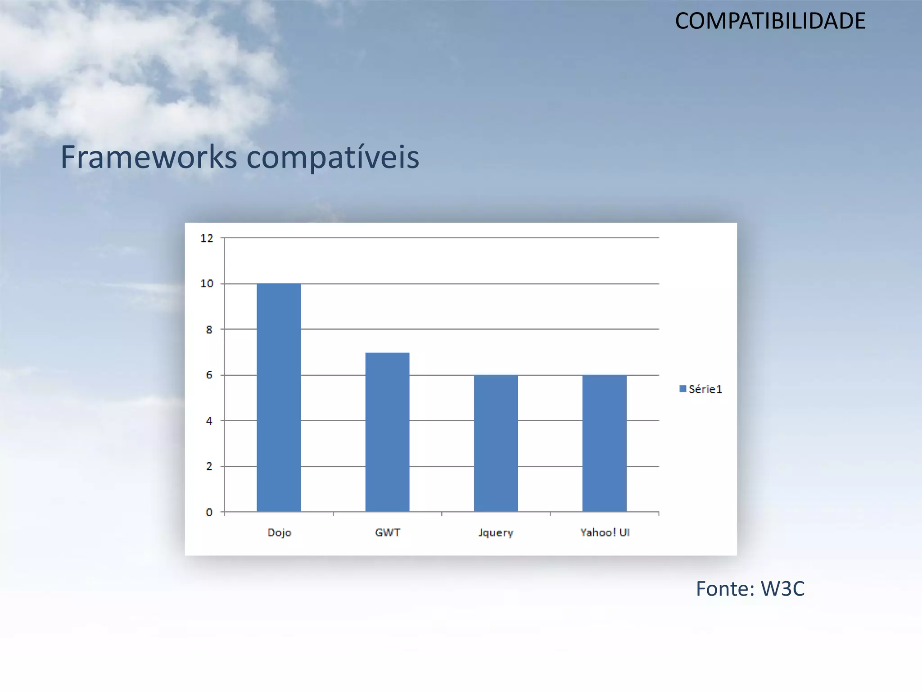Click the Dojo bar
[279, 397]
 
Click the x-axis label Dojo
[279, 533]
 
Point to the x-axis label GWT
[387, 533]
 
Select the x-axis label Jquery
[496, 533]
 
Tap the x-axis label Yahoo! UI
[605, 533]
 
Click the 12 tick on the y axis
[207, 238]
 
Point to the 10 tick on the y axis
[207, 284]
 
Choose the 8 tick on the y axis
[209, 330]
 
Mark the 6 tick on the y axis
[209, 375]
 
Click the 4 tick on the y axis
[209, 421]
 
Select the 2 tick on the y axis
[209, 467]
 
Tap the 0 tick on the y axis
[209, 512]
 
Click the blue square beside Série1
[682, 389]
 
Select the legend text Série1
[705, 389]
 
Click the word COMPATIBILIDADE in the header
[770, 21]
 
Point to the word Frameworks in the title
[149, 157]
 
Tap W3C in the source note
[782, 589]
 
